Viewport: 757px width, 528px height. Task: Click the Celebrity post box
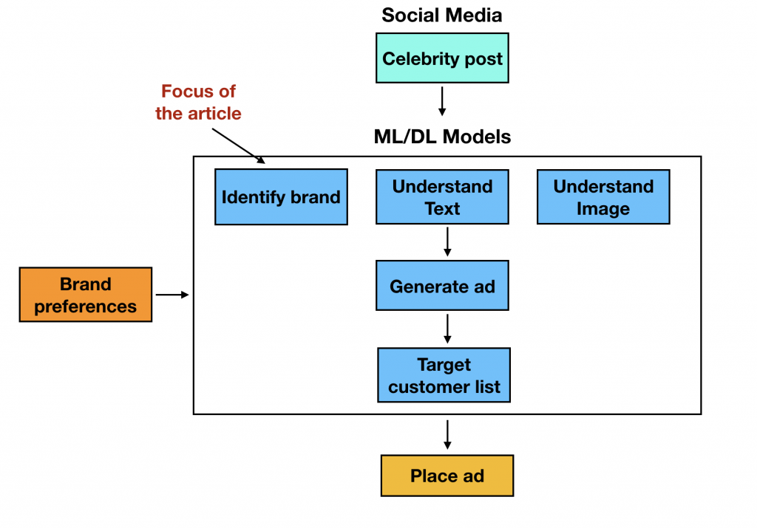coord(442,58)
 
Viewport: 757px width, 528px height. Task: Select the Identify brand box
coord(281,197)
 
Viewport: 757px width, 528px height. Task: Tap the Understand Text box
coord(442,197)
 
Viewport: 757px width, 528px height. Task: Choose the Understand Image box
coord(603,197)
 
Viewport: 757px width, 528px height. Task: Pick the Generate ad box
coord(442,285)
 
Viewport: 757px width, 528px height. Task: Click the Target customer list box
coord(444,375)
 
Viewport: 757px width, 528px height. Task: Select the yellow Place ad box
coord(447,476)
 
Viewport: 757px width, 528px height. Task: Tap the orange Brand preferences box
coord(85,295)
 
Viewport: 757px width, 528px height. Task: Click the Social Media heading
coord(442,15)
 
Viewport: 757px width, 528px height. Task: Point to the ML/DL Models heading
coord(442,137)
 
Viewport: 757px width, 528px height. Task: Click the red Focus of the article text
coord(198,103)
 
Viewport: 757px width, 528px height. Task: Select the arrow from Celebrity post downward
coord(442,100)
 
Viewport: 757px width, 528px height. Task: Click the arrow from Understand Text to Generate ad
coord(447,241)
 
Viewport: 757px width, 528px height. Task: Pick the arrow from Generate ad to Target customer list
coord(447,329)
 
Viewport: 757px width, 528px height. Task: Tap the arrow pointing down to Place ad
coord(447,434)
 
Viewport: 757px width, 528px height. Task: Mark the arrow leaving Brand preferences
coord(172,295)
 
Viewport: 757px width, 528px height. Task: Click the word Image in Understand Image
coord(603,209)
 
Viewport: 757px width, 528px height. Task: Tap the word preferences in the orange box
coord(85,306)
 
